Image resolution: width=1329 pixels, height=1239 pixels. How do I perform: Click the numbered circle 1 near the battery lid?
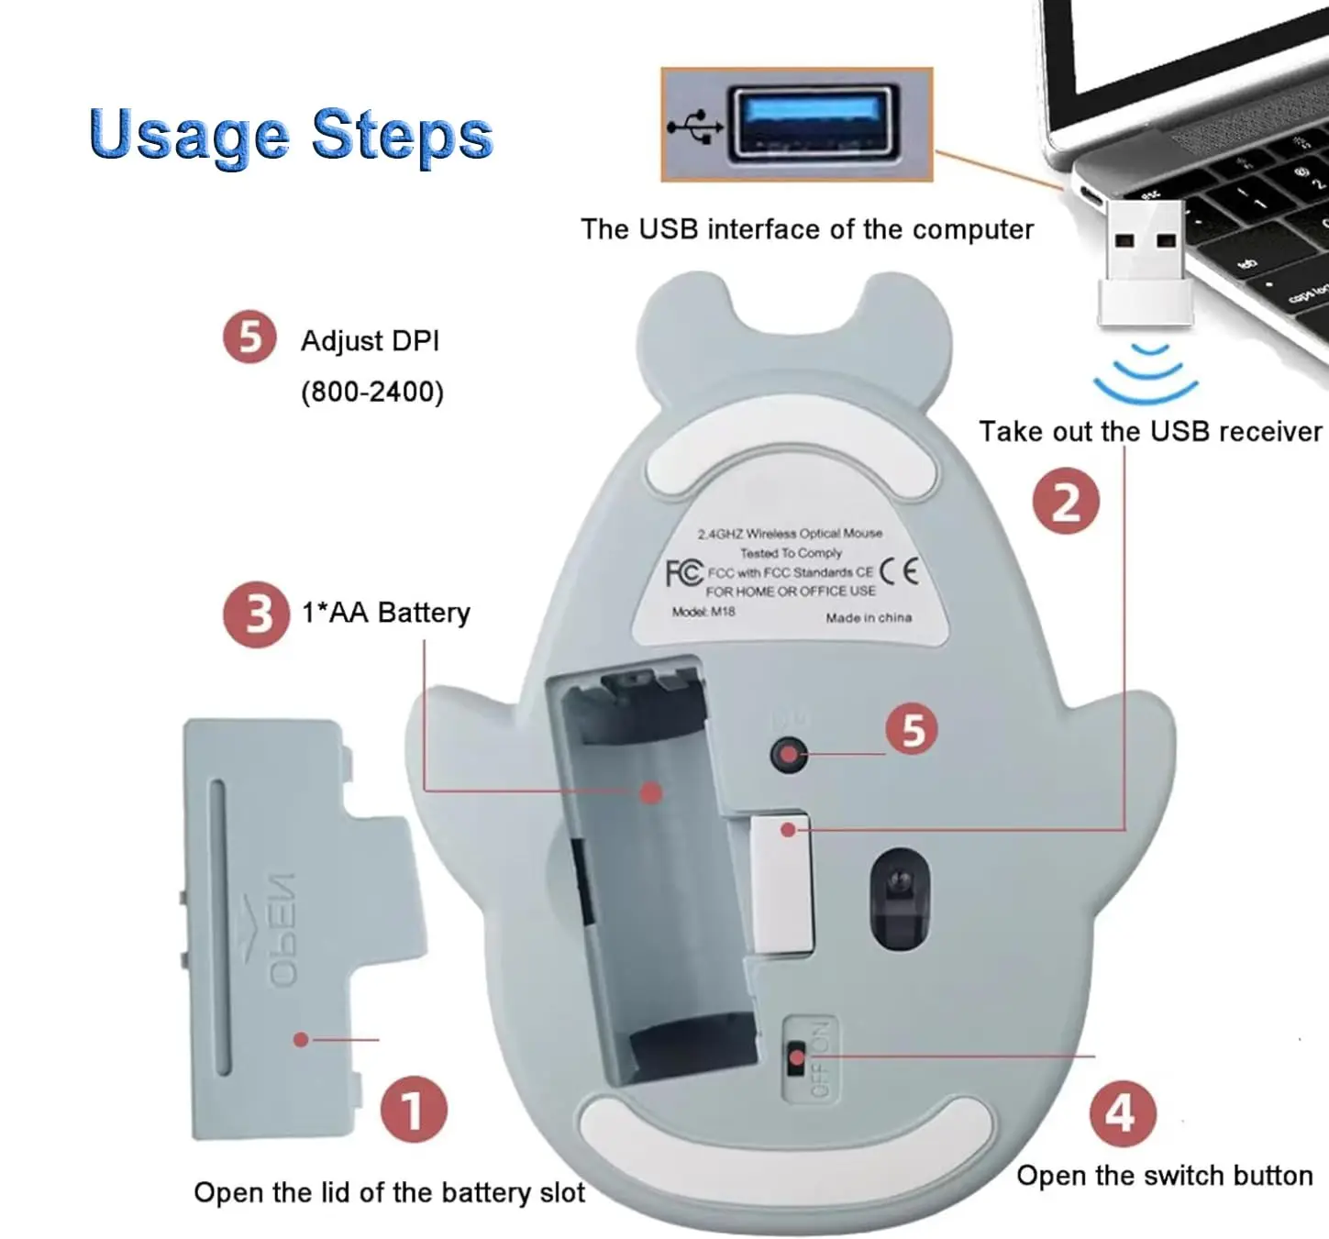point(414,1109)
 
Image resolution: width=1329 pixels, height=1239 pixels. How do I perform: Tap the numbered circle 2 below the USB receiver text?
point(1066,501)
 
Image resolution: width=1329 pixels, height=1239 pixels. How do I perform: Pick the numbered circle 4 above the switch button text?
point(1123,1114)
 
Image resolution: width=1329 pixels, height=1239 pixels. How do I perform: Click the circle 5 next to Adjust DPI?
point(249,338)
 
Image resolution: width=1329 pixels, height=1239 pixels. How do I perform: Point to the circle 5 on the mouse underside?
point(912,730)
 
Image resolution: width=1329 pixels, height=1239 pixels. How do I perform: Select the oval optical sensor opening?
point(899,899)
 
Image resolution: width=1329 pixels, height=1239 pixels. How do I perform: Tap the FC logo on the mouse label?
point(684,572)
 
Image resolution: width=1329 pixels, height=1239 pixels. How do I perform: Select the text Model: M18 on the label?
point(703,612)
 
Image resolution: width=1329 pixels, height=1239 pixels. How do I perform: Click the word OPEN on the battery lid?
point(282,931)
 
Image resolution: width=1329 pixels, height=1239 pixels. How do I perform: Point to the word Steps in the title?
point(402,134)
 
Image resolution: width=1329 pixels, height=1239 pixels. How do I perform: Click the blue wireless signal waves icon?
point(1146,373)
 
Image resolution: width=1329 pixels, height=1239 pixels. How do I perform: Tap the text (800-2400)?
point(372,393)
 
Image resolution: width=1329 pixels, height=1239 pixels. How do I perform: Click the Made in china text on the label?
point(868,617)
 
